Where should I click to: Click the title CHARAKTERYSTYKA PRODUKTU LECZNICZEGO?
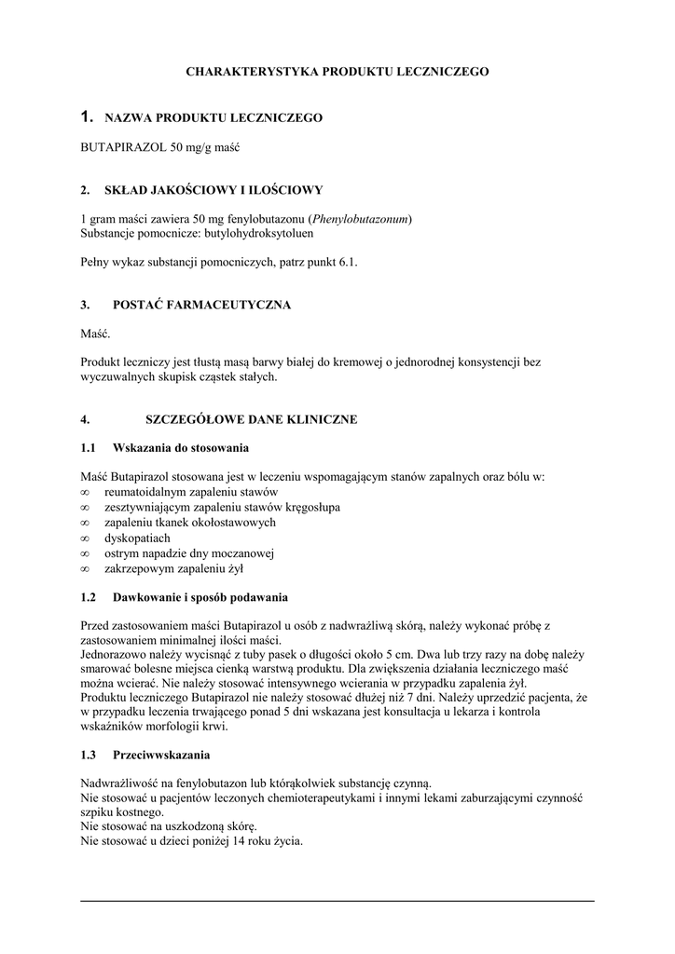(x=337, y=71)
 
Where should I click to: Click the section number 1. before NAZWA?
(x=88, y=116)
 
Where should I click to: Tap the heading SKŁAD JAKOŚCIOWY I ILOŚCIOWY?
(x=217, y=190)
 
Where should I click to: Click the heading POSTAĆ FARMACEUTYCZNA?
(x=201, y=305)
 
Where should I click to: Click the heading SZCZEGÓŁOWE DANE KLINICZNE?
(x=251, y=420)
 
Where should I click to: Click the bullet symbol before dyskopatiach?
(x=86, y=538)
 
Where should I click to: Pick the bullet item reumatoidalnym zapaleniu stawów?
(x=191, y=492)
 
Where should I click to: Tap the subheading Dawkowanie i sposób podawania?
(x=200, y=596)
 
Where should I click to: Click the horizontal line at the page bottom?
(x=337, y=901)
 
